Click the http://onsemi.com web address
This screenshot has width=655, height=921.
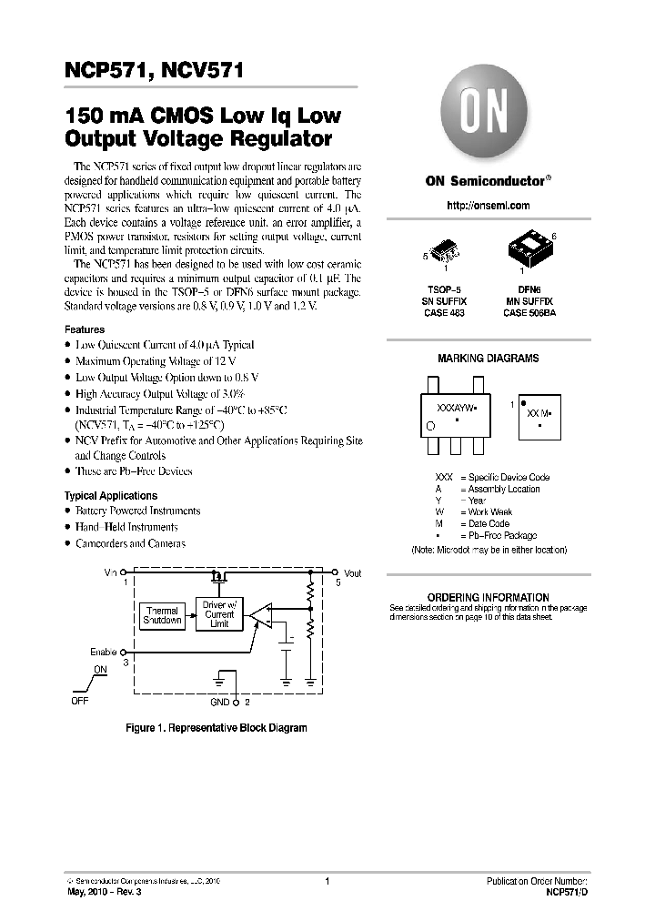coord(488,206)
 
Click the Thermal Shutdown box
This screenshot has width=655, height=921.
coord(162,614)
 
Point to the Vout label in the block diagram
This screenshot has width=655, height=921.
coord(353,573)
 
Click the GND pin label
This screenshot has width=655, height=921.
coord(220,703)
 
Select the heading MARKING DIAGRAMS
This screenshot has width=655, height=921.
coord(488,359)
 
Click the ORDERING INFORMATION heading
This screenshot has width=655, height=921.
coord(488,597)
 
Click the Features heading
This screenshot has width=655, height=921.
coord(85,329)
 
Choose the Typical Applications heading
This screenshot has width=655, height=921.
coord(111,496)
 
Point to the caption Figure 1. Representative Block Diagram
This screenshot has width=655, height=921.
coord(216,728)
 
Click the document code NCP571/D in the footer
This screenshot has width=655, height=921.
coord(566,893)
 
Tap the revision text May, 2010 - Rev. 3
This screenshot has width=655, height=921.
coord(105,893)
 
